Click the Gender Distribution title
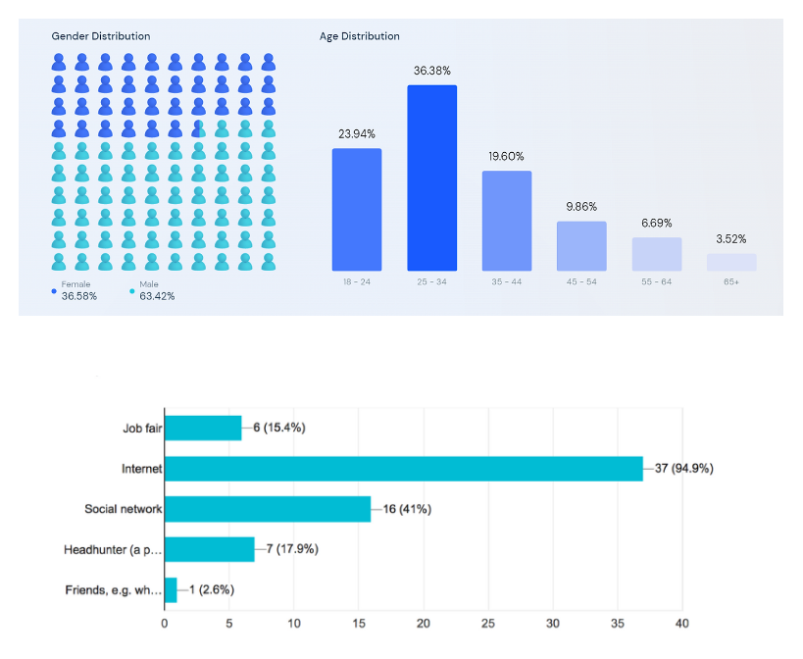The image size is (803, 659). (x=101, y=36)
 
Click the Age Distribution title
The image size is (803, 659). (x=360, y=36)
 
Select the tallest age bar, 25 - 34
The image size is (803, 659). (x=431, y=177)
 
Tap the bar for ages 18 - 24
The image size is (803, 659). (x=357, y=209)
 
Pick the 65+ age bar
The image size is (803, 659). (x=731, y=262)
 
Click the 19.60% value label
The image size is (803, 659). (x=506, y=156)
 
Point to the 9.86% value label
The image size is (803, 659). (x=581, y=207)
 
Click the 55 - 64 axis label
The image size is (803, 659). (x=656, y=281)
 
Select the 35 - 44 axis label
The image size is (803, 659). (x=506, y=281)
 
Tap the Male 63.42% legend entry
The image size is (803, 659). (x=153, y=290)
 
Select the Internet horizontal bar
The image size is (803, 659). (x=403, y=469)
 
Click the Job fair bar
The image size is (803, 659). (x=202, y=429)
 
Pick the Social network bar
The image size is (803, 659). (x=267, y=509)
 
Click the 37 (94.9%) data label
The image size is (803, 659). (x=683, y=469)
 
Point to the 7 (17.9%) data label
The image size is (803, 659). (x=292, y=549)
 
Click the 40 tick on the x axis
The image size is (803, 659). (x=682, y=623)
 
